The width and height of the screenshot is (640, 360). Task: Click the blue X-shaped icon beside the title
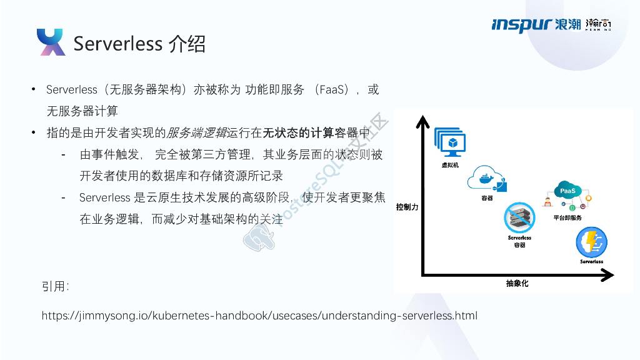click(51, 42)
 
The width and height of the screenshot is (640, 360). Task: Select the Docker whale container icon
click(487, 178)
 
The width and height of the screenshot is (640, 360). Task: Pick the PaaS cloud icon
click(567, 190)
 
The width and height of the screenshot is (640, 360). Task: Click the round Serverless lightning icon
click(591, 242)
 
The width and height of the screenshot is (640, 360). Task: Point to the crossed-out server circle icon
click(519, 218)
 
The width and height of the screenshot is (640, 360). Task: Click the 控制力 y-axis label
click(407, 207)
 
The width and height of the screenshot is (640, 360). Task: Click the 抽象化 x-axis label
click(517, 284)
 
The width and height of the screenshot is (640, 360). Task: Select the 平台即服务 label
click(567, 217)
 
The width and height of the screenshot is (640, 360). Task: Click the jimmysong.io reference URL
click(259, 316)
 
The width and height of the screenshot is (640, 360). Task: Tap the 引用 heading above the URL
click(55, 286)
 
